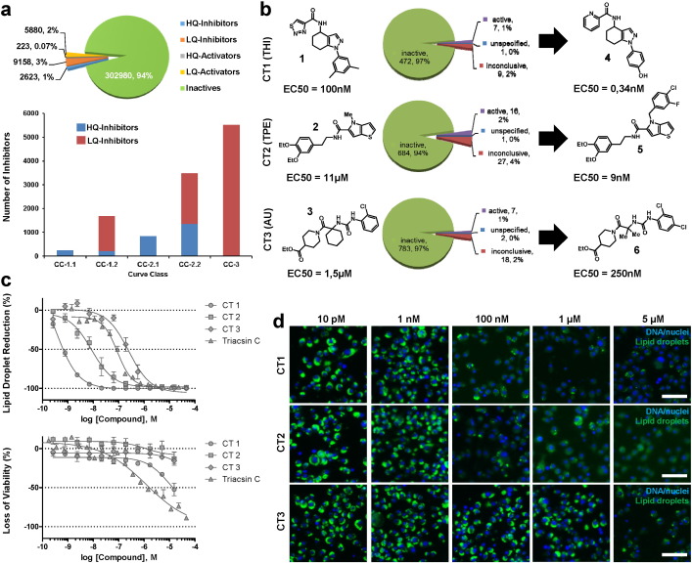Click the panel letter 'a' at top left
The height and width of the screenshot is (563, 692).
tap(10, 10)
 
